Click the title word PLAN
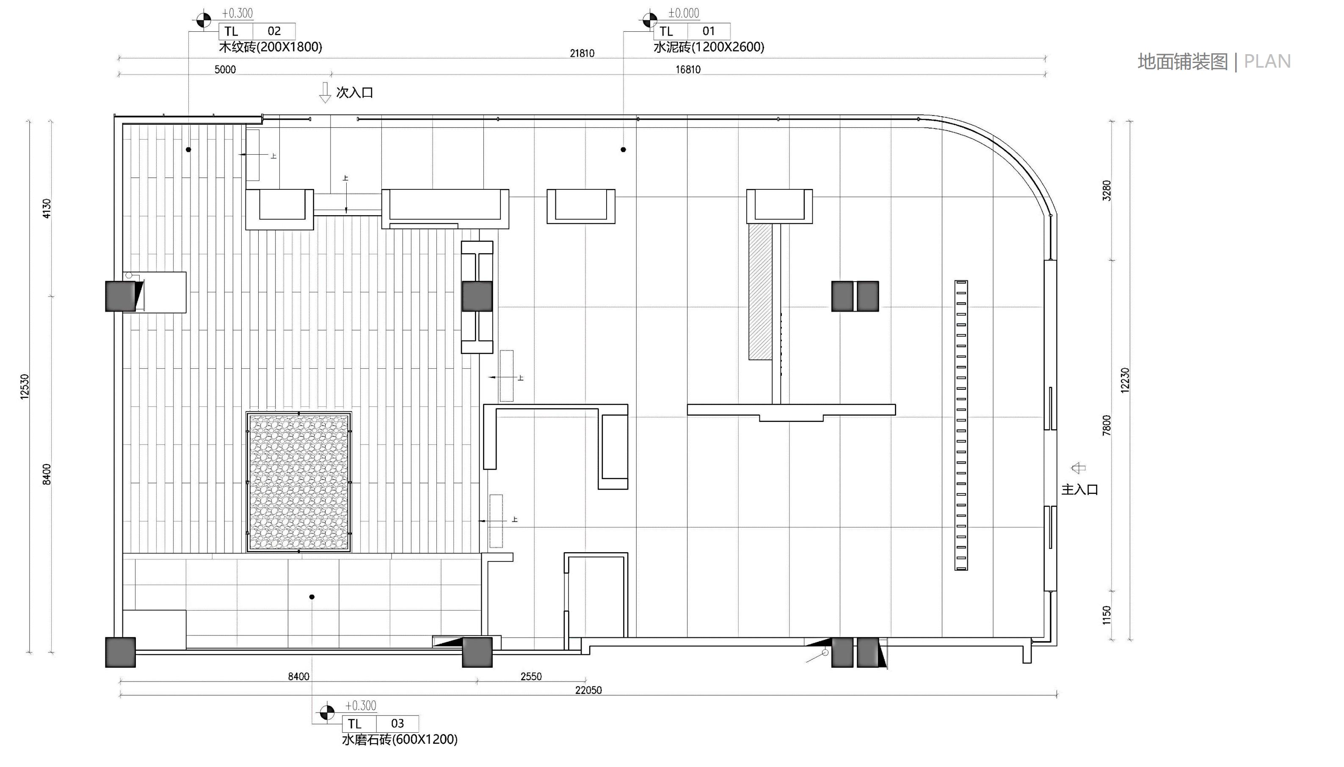coord(1267,62)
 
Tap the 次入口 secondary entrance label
coord(354,93)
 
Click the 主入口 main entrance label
coord(1079,489)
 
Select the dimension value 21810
coord(582,53)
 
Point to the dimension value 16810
coord(688,69)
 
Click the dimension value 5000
coord(225,69)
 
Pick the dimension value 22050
coord(588,690)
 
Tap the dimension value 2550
coord(531,677)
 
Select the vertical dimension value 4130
coord(47,208)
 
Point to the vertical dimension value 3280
coord(1107,190)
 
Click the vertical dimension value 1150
coord(1107,615)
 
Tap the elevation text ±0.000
coord(684,13)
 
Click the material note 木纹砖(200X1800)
coord(270,47)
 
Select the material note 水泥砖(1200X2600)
coord(709,47)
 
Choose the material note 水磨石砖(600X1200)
coord(400,740)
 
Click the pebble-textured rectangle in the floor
coord(299,482)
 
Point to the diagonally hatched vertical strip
coord(760,292)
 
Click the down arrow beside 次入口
coord(326,92)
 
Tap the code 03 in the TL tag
coord(397,724)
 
